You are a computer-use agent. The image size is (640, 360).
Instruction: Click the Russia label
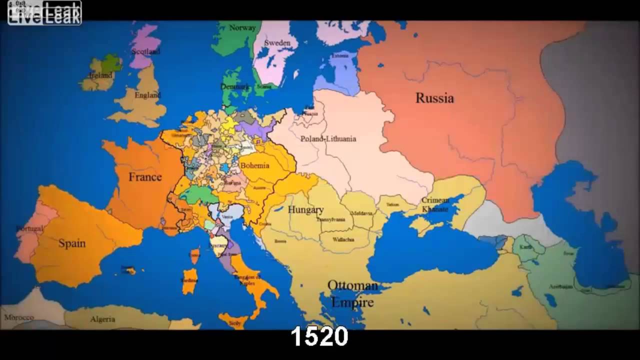[x=434, y=98]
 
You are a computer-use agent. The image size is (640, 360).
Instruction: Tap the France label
[x=145, y=177]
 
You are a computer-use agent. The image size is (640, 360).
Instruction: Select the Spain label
[x=72, y=243]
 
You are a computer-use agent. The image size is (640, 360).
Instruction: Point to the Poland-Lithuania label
[x=328, y=138]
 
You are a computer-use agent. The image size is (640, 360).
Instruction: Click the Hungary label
[x=305, y=210]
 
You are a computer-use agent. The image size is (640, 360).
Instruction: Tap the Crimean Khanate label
[x=435, y=204]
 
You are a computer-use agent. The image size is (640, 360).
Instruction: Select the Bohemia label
[x=254, y=165]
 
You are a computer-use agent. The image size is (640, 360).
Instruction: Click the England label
[x=147, y=95]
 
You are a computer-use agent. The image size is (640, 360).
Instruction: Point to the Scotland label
[x=145, y=51]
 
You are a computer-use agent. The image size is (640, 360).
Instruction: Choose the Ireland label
[x=100, y=75]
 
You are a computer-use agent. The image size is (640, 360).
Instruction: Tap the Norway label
[x=242, y=28]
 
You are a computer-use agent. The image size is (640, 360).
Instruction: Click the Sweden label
[x=277, y=43]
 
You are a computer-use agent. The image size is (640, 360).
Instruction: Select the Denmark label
[x=234, y=86]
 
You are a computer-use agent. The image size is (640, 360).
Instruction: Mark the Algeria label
[x=102, y=319]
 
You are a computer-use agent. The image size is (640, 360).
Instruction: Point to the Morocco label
[x=19, y=317]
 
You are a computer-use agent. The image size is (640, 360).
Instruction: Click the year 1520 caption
[x=319, y=337]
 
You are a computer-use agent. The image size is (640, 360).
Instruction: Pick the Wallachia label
[x=343, y=239]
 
